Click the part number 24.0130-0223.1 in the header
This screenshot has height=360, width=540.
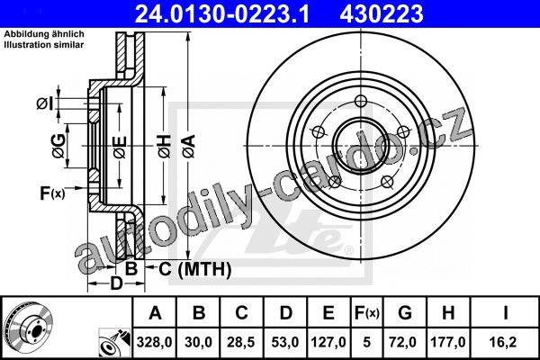(222, 13)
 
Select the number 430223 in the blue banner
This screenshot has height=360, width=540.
(382, 13)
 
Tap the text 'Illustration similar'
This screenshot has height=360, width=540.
(44, 45)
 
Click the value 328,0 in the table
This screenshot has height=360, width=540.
(154, 342)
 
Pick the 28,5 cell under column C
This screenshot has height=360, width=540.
(240, 342)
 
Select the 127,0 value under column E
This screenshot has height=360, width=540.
(328, 342)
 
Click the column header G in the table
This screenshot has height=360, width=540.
(405, 313)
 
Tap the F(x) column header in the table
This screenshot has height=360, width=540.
(367, 313)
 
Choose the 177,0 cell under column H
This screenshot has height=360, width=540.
(447, 342)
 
